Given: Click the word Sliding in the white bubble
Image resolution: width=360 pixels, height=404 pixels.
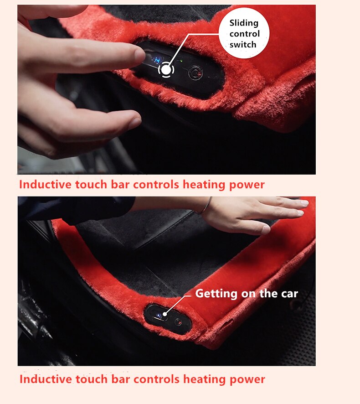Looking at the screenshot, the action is point(244,23).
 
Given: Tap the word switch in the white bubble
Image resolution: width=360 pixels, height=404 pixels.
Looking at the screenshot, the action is point(243,45).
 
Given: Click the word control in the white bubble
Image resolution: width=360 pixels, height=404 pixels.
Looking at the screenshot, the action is point(245,34).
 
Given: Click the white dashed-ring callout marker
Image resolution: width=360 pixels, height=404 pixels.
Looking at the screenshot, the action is point(166,70).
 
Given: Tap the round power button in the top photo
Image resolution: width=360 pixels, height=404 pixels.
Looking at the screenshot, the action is point(195,73).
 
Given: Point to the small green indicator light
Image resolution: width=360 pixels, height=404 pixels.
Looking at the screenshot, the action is point(181,61).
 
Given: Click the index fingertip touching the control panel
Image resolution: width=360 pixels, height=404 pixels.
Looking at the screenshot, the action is point(140,55).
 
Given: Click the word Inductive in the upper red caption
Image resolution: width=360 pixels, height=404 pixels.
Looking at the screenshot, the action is point(45,185).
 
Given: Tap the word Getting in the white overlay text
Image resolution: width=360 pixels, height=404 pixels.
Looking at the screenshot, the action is point(216,294).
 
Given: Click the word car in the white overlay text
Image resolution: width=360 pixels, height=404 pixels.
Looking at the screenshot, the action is point(289,294).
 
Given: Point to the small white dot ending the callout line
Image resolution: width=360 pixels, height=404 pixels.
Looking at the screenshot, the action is point(165,314).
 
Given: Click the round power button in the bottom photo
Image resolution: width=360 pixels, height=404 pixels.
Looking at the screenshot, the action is point(178,322).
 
